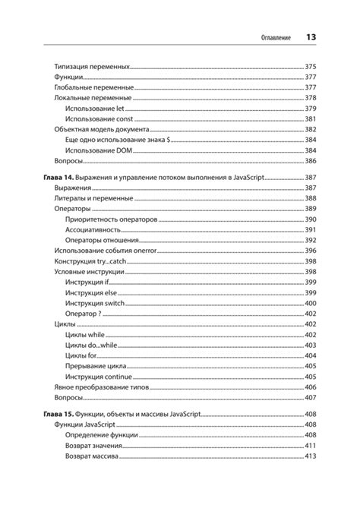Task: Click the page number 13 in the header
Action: point(311,36)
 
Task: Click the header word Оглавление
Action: point(276,37)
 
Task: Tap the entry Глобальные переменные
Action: point(84,87)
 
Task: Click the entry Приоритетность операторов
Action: point(112,219)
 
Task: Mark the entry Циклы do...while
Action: point(92,345)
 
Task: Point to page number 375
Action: point(311,67)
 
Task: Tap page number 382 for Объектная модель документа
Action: point(311,130)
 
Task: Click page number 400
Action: point(311,303)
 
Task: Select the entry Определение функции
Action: point(101,435)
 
